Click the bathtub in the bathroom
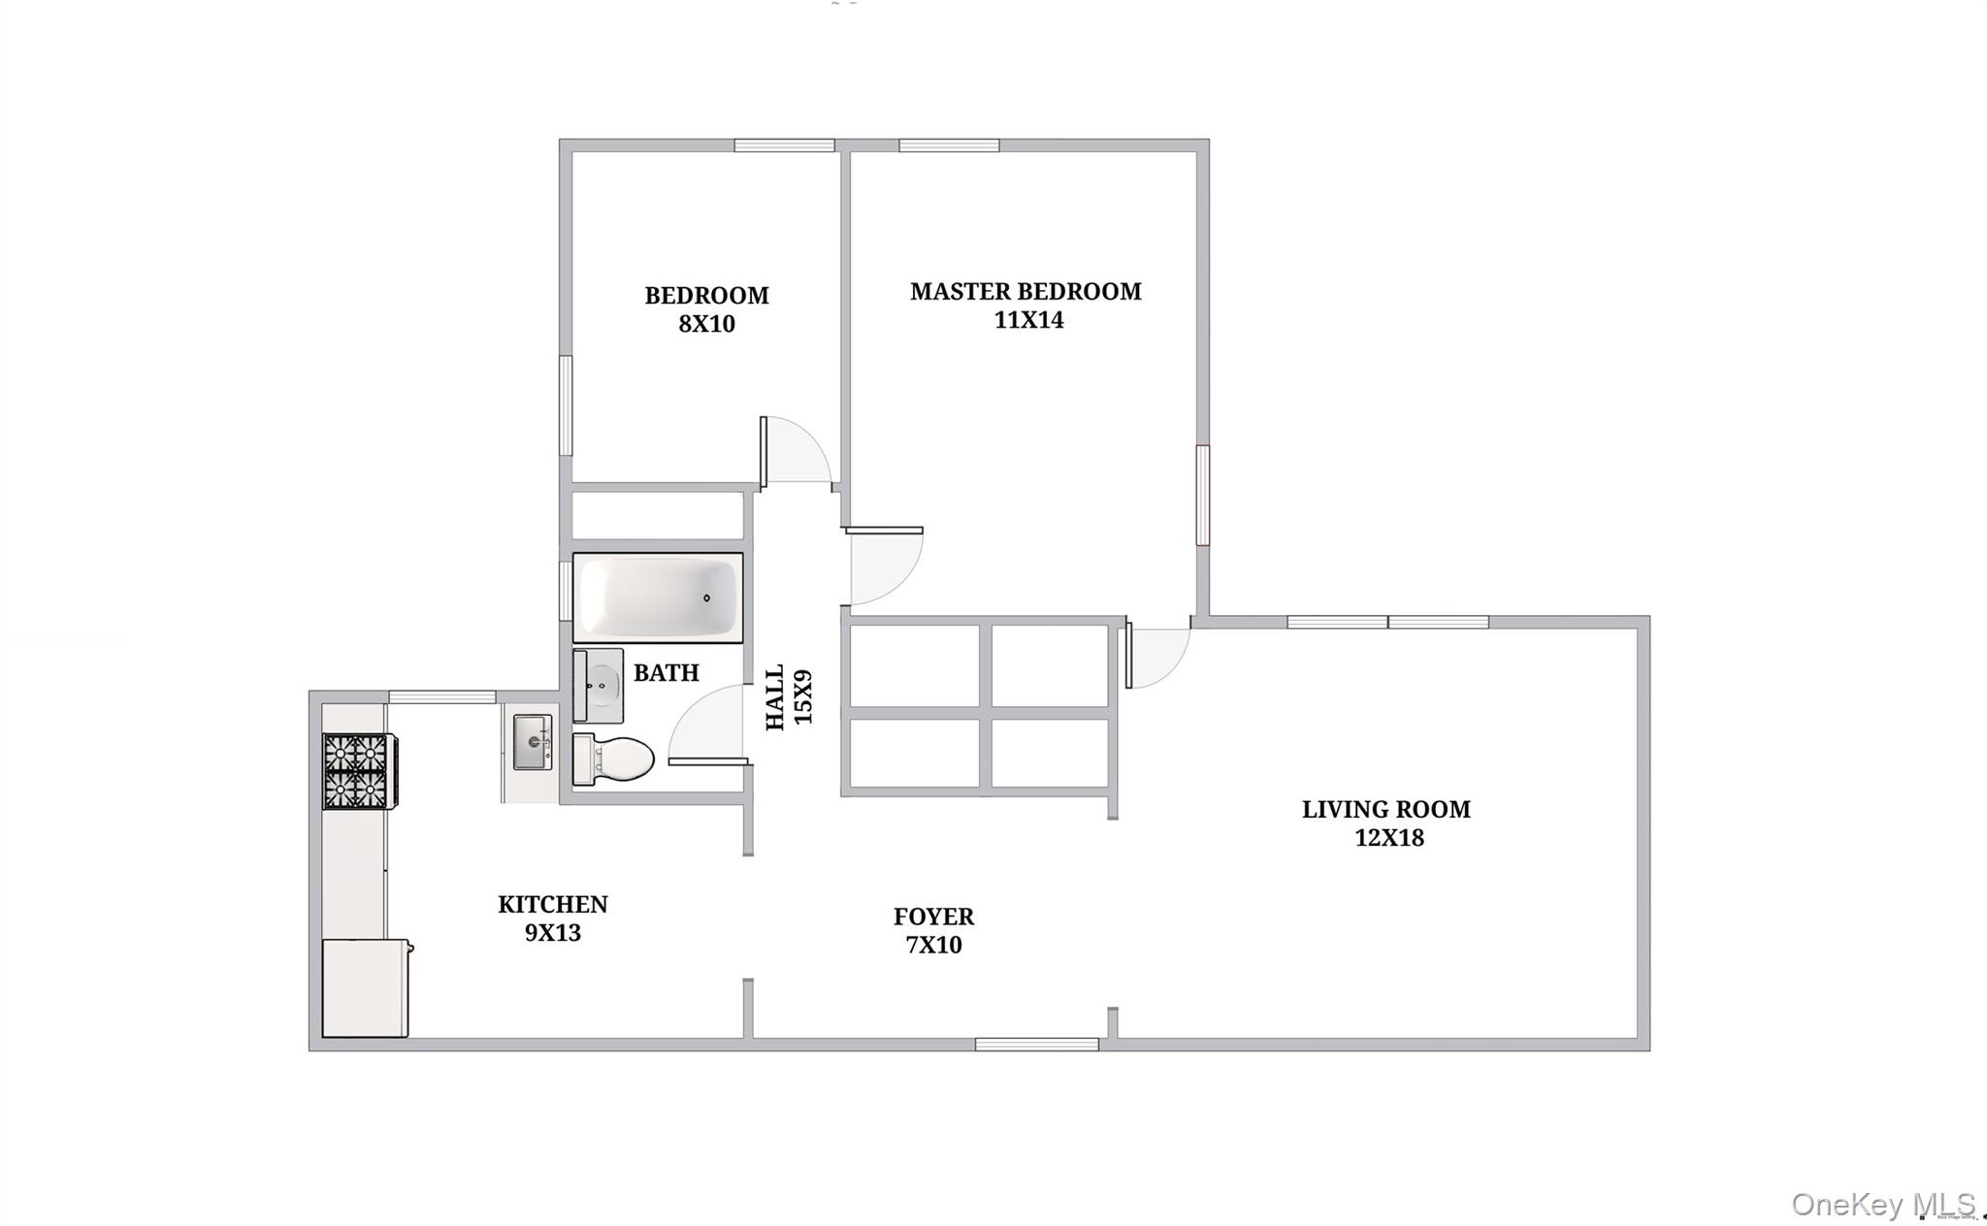coord(658,597)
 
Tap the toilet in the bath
coord(613,758)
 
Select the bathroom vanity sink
coord(600,686)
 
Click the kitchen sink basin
coord(533,742)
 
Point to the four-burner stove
coord(357,771)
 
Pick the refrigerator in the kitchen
coord(365,987)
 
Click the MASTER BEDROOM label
coord(1026,291)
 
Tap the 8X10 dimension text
coord(706,324)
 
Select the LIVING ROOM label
coord(1385,809)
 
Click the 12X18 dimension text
coord(1388,838)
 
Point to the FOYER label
coord(933,917)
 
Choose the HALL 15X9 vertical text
coord(789,697)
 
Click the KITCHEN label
coord(552,904)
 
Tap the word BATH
coord(666,673)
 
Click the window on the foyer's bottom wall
coord(1036,1045)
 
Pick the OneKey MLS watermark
coord(1882,1205)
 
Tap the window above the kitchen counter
coord(442,696)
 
